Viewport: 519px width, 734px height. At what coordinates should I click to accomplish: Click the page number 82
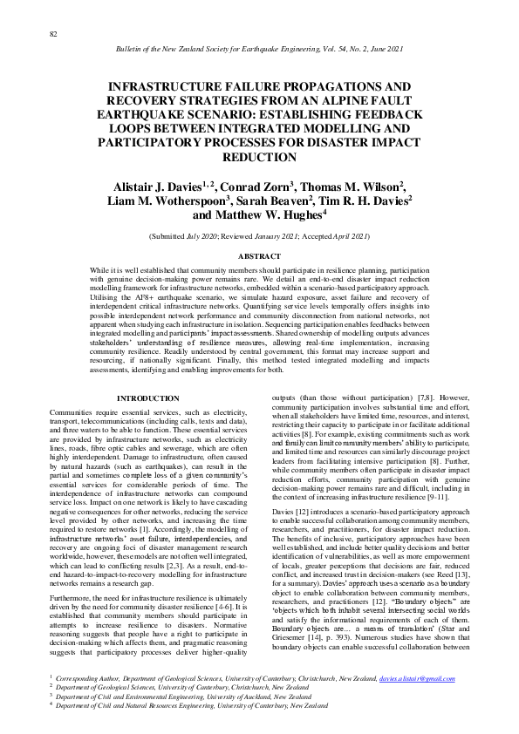click(x=53, y=33)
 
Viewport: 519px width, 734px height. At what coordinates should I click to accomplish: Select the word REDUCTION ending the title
click(x=258, y=158)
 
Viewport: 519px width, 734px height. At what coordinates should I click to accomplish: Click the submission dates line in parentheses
click(x=258, y=236)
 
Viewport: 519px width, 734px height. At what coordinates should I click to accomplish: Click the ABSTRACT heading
click(x=258, y=255)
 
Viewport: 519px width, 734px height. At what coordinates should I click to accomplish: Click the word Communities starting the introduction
click(x=71, y=411)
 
